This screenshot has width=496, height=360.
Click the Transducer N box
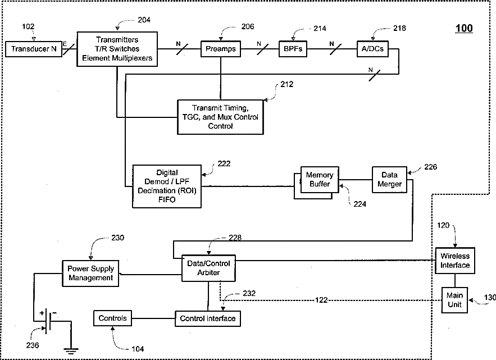coord(34,49)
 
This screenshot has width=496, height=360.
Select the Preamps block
coord(221,49)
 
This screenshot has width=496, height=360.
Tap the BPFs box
coord(293,49)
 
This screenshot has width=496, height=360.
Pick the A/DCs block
coord(372,49)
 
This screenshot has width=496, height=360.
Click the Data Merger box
coord(389,180)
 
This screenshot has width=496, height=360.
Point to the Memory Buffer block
coord(320,180)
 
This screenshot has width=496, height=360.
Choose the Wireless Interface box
coord(455,261)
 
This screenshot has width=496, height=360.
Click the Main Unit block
coord(454,300)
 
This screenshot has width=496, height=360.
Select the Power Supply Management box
coord(90,274)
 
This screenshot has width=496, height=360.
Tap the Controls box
coord(112,318)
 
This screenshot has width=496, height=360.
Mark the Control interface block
coord(207,318)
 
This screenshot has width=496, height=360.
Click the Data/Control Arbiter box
coord(208,268)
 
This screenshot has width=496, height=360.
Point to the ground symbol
coord(71,350)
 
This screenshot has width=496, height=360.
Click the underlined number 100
coord(464,29)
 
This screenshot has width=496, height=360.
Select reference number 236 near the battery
coord(32,345)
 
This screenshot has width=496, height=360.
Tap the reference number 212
coord(287,84)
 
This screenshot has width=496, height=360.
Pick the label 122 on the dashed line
coord(321,300)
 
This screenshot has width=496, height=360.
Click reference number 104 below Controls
coord(138,349)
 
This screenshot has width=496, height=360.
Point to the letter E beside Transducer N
coord(65,44)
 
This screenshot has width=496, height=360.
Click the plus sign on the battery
coord(42,313)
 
